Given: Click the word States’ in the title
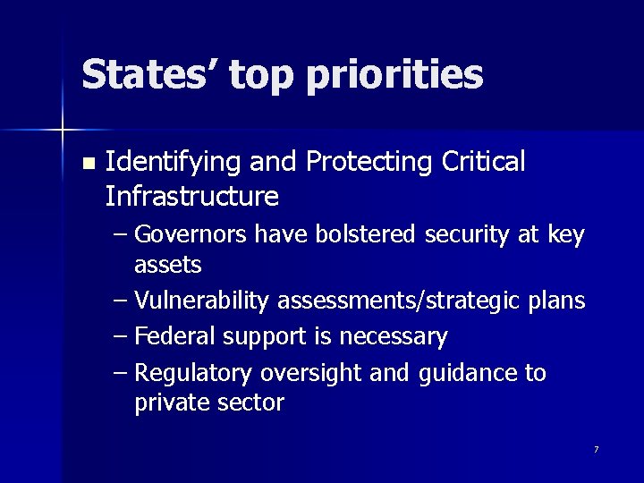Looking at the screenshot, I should point(148,74).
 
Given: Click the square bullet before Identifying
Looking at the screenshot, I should point(87,164).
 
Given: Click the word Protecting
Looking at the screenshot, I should point(369,163).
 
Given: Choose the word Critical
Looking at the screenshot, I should point(484,161).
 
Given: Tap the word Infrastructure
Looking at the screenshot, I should point(191,195).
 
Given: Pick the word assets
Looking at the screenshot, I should point(168,265).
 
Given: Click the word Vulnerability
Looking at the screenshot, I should point(203,301).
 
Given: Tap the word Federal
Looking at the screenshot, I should point(175,337).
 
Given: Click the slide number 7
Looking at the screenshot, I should point(596,449).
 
